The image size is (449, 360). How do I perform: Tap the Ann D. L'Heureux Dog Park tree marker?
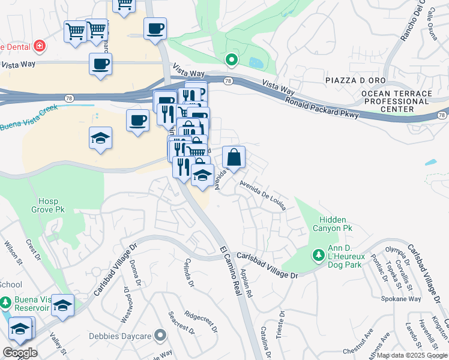[x=318, y=255]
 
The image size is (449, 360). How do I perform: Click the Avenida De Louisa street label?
[x=262, y=196]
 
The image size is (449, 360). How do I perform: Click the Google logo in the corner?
[x=20, y=353]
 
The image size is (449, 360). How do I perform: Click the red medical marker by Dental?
[x=39, y=46]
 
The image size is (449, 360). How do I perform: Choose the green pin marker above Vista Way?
[x=231, y=59]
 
